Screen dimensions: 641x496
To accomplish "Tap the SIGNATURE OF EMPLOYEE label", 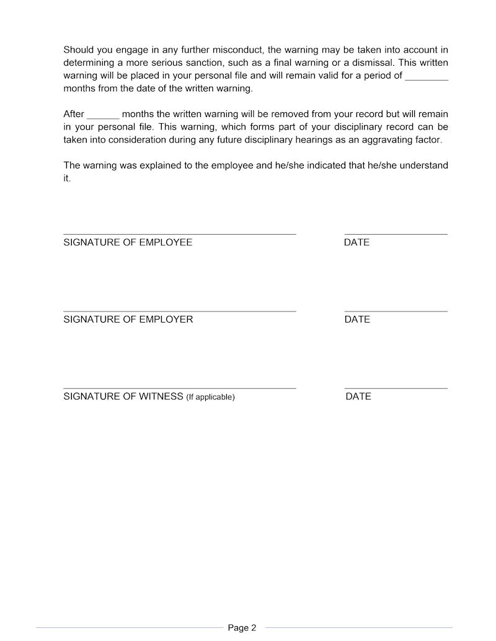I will click(x=128, y=243).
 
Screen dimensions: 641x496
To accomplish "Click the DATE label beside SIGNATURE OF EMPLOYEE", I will click(x=356, y=243).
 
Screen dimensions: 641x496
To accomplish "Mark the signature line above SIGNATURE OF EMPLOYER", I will click(x=179, y=312).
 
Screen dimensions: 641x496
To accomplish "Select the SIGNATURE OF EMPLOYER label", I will click(x=128, y=320).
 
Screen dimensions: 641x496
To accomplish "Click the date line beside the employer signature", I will click(x=396, y=312).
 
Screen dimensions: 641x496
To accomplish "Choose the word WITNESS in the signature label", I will click(x=161, y=396).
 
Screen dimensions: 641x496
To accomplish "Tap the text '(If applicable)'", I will click(x=210, y=397).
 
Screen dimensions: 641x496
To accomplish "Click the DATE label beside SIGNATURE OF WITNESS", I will click(x=358, y=396).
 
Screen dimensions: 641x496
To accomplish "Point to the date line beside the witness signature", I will click(x=396, y=388).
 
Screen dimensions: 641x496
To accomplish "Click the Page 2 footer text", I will click(x=242, y=628).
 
